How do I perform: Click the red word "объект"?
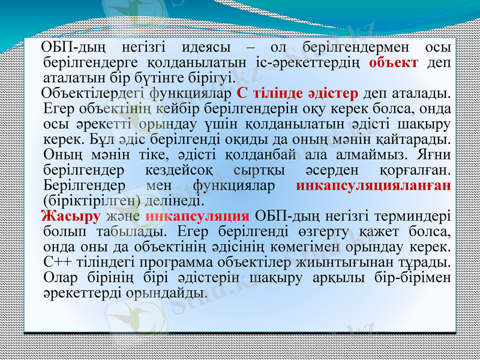point(394,62)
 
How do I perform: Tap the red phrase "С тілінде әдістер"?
point(298,94)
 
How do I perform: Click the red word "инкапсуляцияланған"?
point(374,185)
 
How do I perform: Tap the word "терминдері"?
point(418,216)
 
